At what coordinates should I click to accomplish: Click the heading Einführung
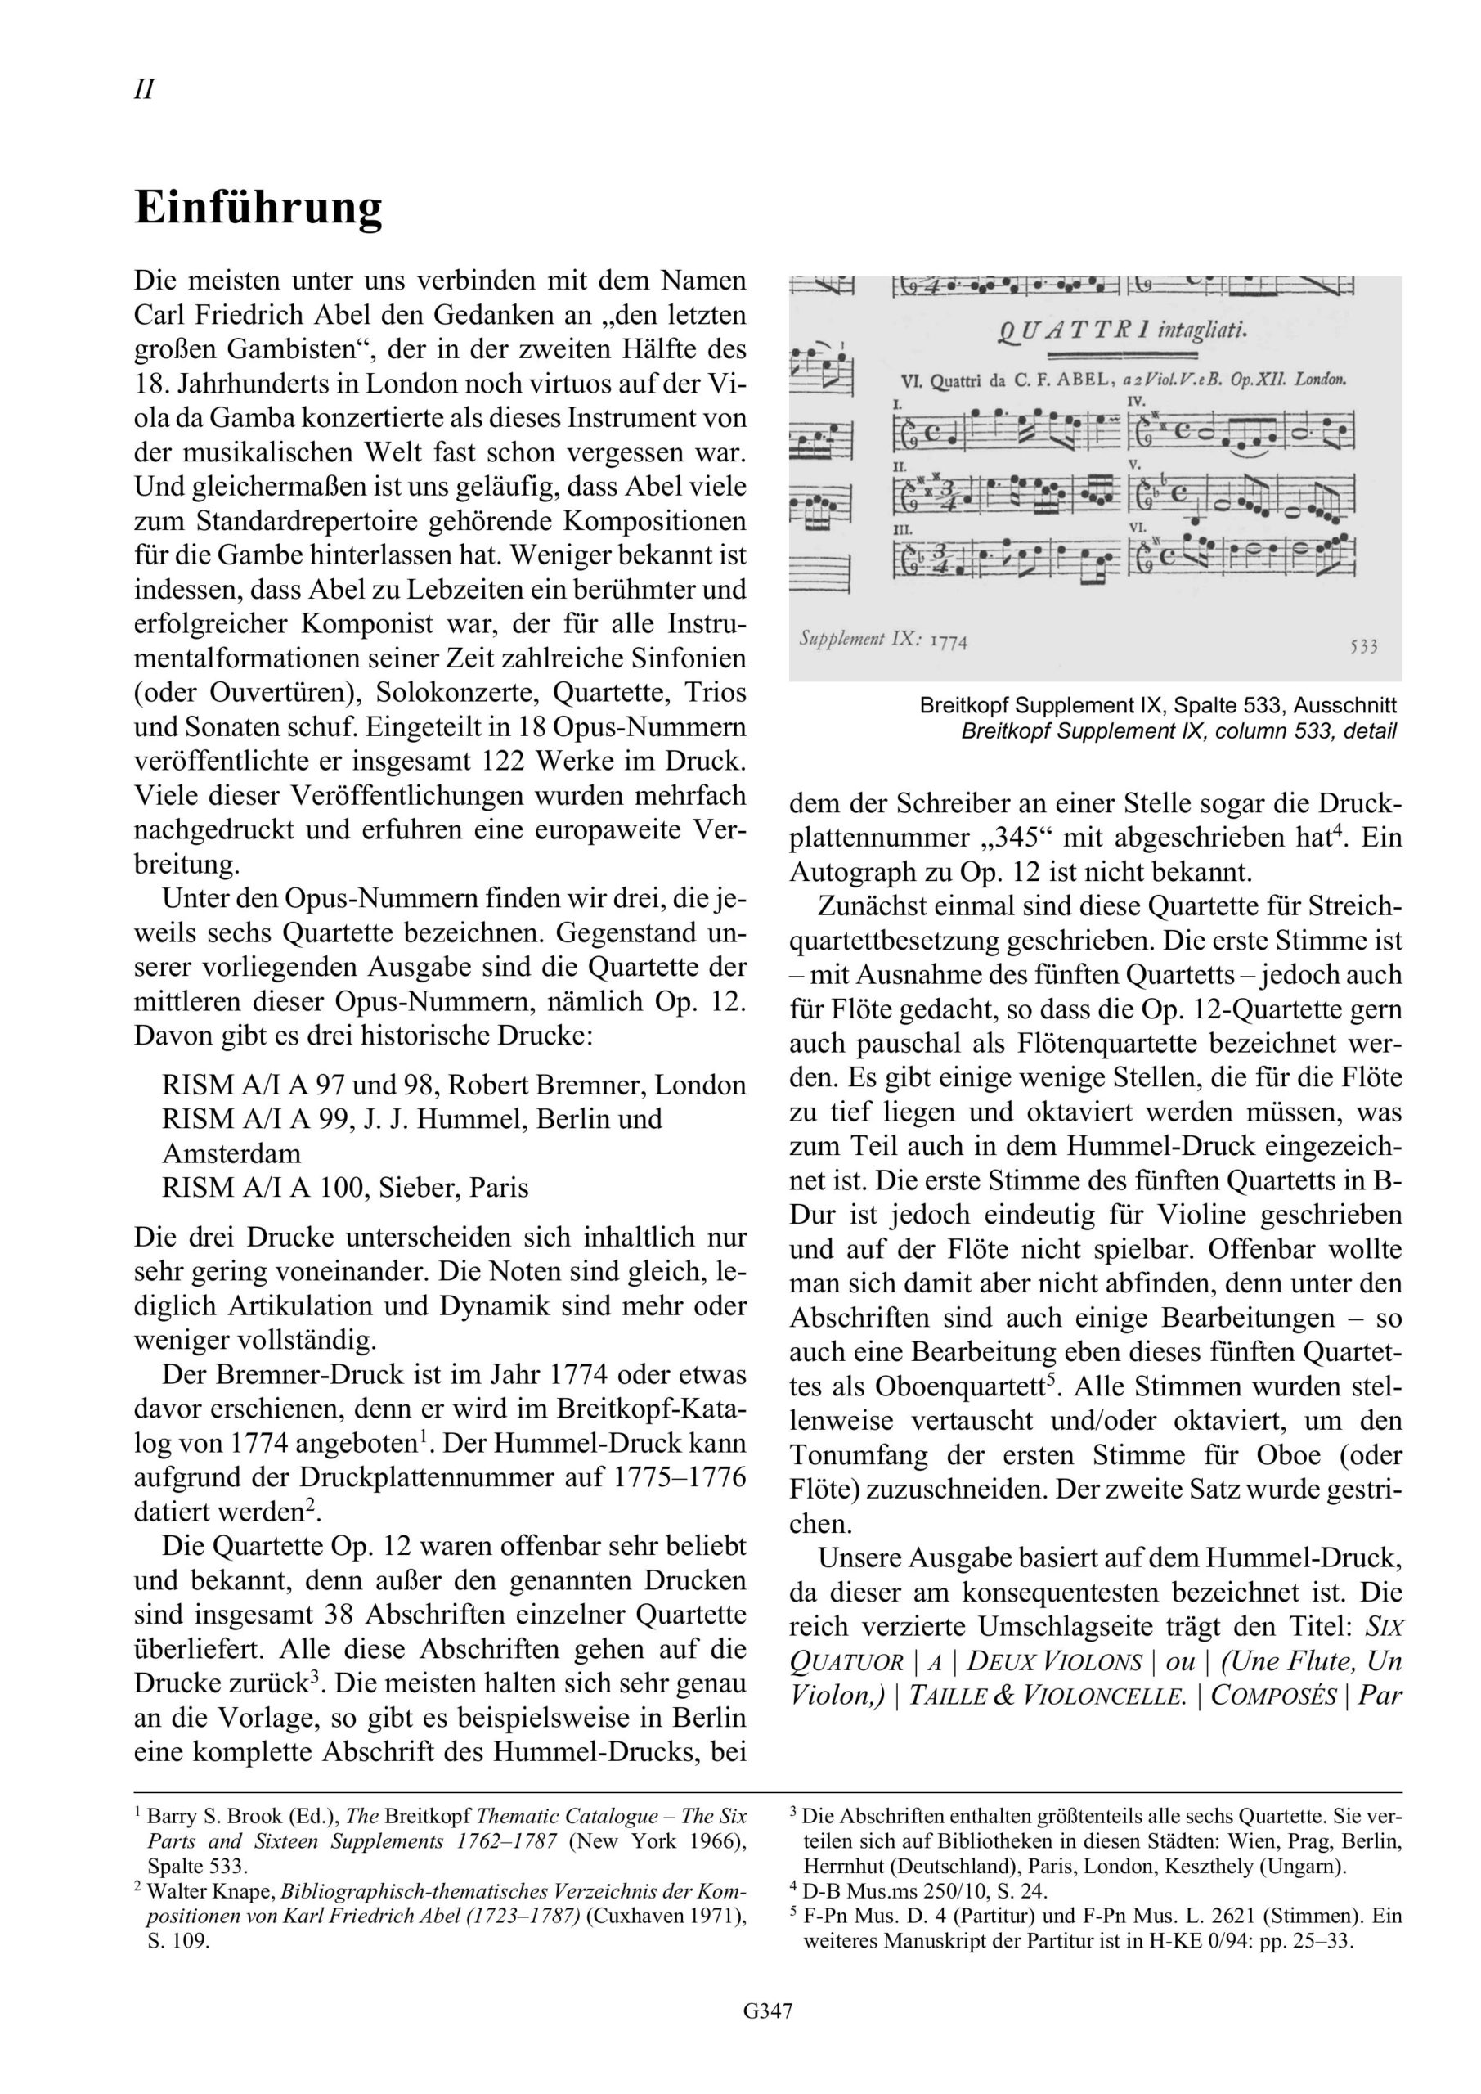click(x=258, y=209)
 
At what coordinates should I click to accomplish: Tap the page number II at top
click(x=144, y=90)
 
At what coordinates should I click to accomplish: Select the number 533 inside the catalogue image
click(x=1363, y=647)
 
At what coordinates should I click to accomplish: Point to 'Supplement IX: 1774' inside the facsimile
click(x=882, y=640)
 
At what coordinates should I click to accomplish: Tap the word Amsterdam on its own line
click(x=231, y=1153)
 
